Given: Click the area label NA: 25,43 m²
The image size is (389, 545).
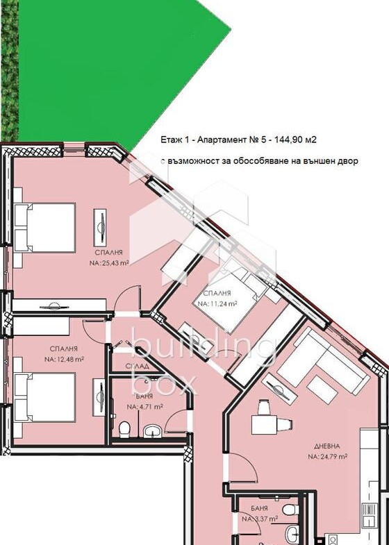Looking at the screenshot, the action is coord(109,263).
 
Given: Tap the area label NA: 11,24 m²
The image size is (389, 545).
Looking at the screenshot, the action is coord(217,303).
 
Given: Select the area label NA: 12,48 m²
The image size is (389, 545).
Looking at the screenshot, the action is coord(64,359).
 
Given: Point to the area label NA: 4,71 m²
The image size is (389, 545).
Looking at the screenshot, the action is coord(145,406).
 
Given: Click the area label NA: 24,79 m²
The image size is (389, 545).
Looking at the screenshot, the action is coord(328,456).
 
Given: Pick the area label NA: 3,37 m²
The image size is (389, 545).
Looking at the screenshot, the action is coord(260,519).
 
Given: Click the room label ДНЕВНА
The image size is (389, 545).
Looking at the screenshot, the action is coord(327,446).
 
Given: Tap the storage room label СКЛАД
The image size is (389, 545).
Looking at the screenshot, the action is coord(138,366).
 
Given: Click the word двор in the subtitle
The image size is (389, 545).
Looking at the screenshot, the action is coord(348,161).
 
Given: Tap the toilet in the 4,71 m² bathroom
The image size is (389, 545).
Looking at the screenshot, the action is coord(124,429).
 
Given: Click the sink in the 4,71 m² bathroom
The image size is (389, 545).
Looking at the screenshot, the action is coord(152,431).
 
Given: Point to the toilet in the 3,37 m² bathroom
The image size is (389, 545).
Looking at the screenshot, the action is coord(290,510).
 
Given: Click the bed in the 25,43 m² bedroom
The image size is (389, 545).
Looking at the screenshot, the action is coord(44,228).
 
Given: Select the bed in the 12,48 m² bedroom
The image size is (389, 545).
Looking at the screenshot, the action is coord(44,397).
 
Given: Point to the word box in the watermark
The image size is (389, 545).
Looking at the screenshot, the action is coord(164,383).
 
